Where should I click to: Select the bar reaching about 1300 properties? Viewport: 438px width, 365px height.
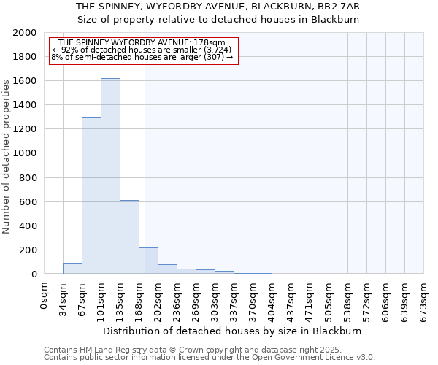point(91,196)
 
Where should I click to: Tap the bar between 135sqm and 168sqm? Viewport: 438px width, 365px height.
point(129,237)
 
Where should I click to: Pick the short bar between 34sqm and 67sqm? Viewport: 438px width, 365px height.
point(72,269)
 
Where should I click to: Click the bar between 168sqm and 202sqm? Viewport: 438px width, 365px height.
point(148,261)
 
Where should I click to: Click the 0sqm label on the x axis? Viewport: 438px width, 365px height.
point(45,296)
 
